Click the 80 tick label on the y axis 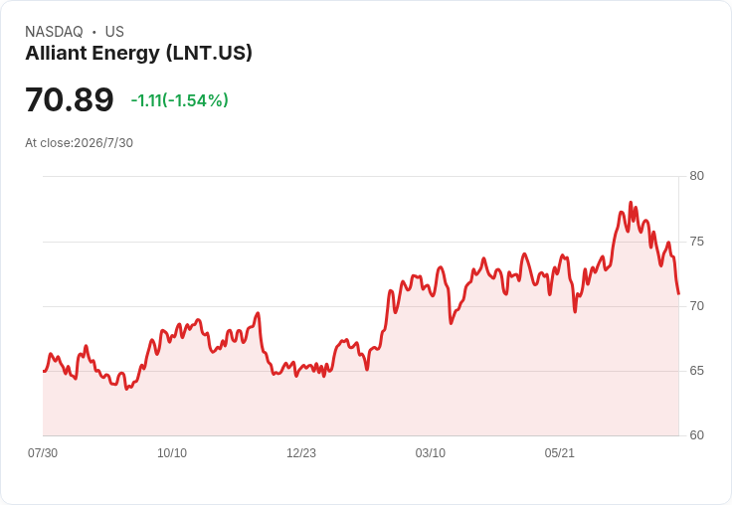[x=696, y=176]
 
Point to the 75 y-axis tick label [x=696, y=242]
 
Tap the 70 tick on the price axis [x=696, y=306]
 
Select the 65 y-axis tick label [x=696, y=371]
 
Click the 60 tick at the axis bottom [x=696, y=435]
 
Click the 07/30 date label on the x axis [x=43, y=453]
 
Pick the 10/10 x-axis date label [x=172, y=453]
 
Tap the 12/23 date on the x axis [x=301, y=453]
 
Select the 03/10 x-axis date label [x=431, y=453]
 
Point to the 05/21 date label [x=559, y=453]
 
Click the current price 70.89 [x=69, y=99]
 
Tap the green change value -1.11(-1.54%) [x=180, y=100]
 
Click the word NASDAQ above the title [x=54, y=32]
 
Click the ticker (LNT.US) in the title [x=209, y=54]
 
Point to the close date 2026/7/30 [x=103, y=143]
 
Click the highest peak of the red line [x=631, y=203]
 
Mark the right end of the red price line [x=678, y=293]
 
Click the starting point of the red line [x=44, y=371]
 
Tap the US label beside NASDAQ [x=114, y=32]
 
